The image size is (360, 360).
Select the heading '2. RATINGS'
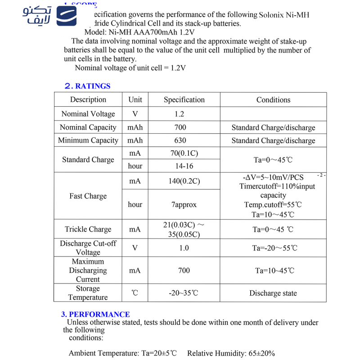87,86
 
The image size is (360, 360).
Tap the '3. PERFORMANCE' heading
95,315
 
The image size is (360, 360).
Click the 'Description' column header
88,100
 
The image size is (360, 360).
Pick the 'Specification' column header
184,100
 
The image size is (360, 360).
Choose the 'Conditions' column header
273,100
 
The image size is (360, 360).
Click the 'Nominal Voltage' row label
88,114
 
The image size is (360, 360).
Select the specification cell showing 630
180,140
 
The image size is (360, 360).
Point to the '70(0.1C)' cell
184,153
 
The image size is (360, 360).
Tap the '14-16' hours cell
184,166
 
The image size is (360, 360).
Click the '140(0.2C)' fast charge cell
184,181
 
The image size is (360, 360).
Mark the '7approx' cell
184,205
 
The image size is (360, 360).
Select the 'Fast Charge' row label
88,196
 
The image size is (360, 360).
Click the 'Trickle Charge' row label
88,229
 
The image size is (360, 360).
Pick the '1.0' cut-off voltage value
184,248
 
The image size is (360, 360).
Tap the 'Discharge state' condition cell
273,293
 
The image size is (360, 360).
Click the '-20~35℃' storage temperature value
184,293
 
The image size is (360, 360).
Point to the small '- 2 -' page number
321,175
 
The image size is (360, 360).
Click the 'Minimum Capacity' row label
88,140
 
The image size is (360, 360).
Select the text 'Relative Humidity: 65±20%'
231,353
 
